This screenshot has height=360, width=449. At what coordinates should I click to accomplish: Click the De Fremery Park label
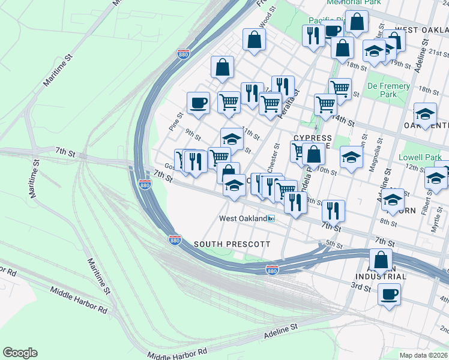(x=389, y=90)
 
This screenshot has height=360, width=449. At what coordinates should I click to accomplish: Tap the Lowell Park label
(x=424, y=157)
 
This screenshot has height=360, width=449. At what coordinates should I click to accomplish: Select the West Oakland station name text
(x=243, y=219)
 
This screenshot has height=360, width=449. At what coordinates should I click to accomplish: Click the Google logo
(x=20, y=353)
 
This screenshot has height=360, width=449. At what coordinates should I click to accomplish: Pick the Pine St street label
(x=175, y=122)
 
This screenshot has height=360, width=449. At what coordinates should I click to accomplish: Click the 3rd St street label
(x=361, y=287)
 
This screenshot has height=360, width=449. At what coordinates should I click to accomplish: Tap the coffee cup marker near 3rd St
(x=389, y=295)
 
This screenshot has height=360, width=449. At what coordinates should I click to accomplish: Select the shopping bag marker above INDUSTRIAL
(x=381, y=260)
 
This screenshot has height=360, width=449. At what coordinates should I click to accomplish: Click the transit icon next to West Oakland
(x=271, y=219)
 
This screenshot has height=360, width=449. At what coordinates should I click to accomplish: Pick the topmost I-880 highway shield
(x=184, y=55)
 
